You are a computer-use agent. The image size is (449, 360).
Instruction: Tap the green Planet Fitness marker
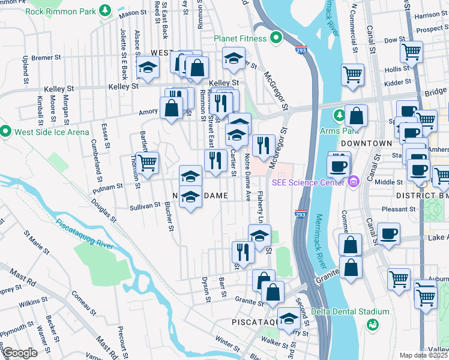277,39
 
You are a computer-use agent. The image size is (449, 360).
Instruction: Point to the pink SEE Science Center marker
354,181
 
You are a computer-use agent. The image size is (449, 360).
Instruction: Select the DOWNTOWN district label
366,144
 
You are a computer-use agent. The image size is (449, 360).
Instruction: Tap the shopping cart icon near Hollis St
412,52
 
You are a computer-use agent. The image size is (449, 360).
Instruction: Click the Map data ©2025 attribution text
424,355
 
